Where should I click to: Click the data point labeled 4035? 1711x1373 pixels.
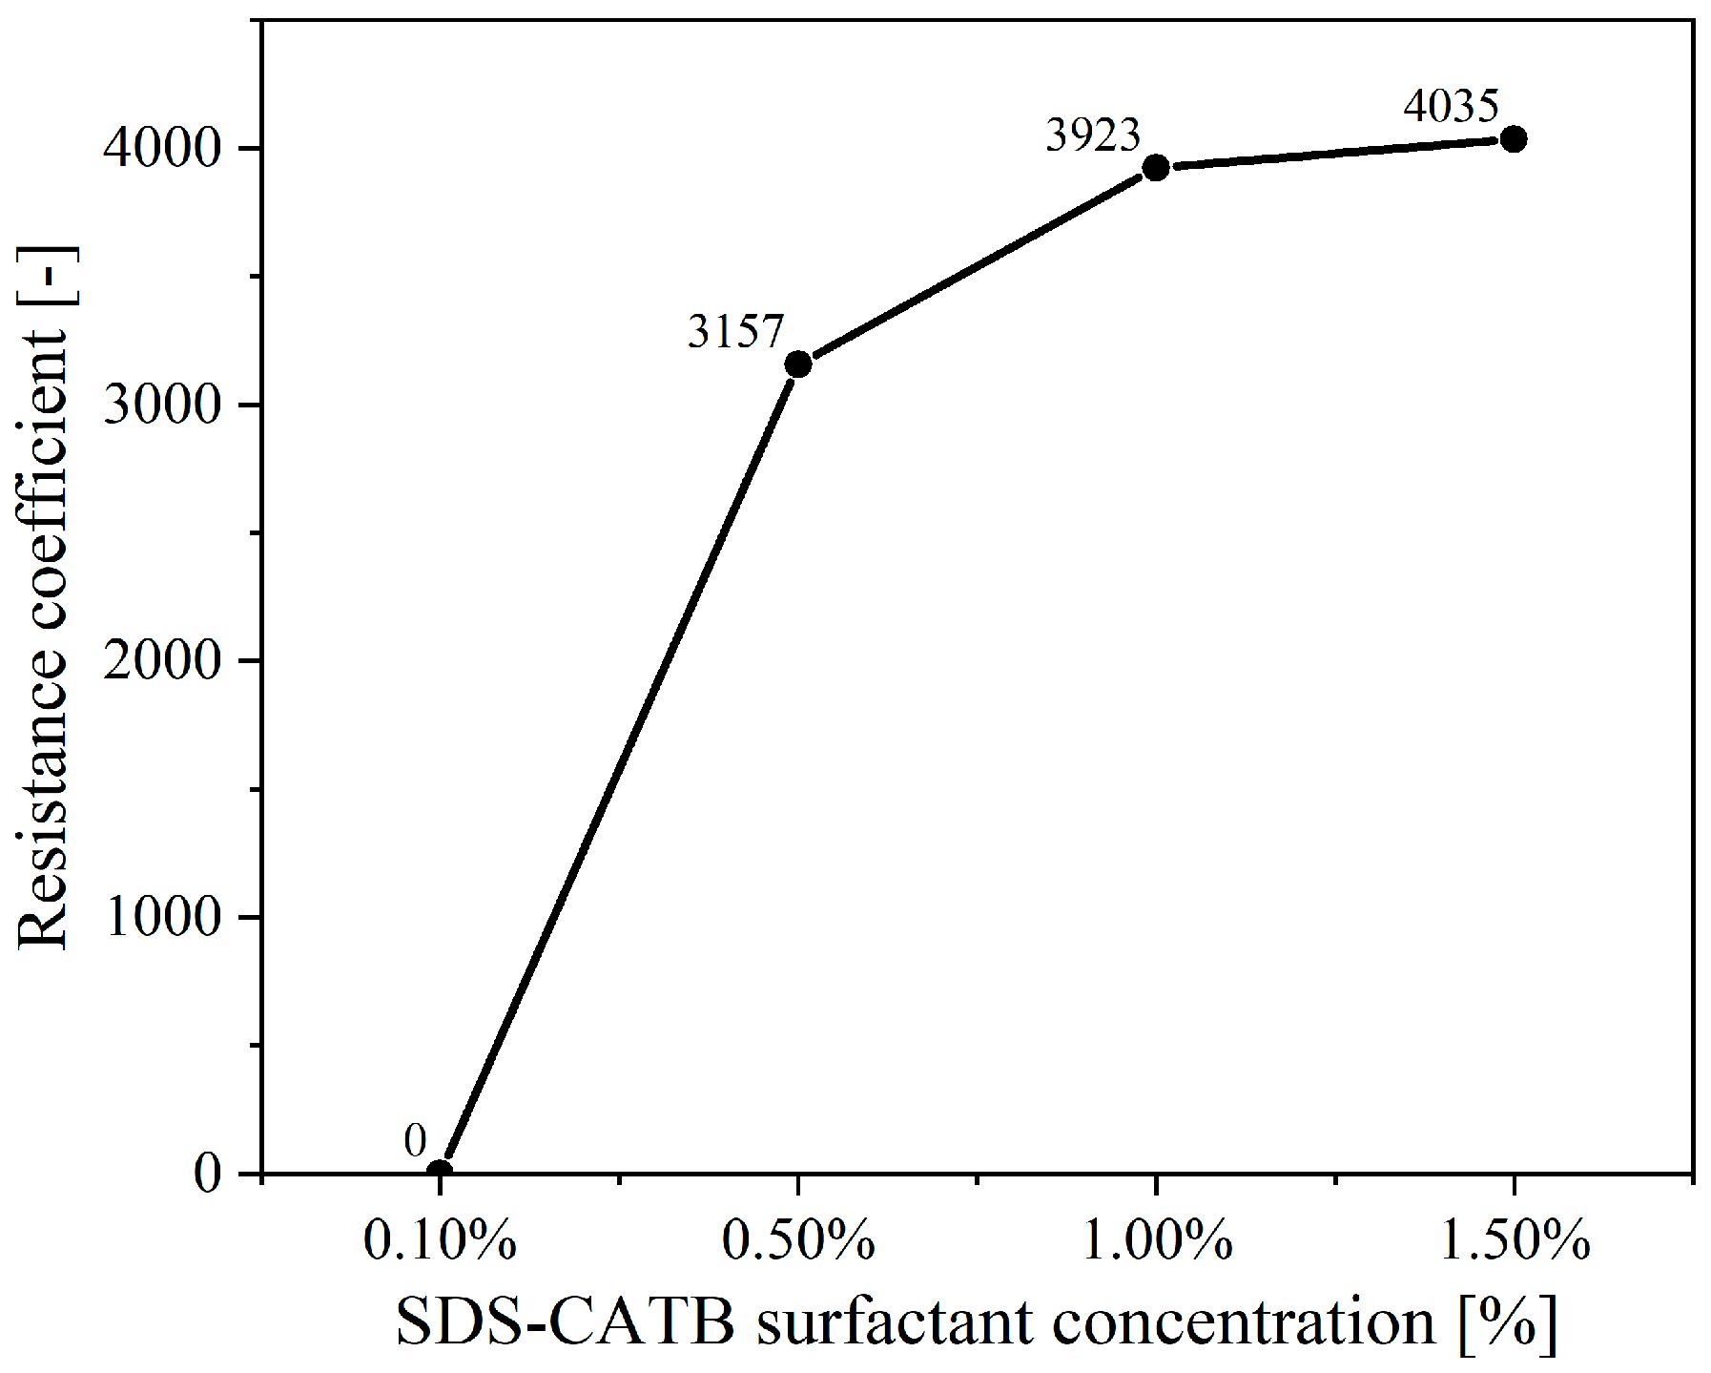coord(1513,139)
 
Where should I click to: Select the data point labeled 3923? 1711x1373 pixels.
coord(1155,168)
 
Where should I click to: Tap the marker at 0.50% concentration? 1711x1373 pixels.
coord(797,364)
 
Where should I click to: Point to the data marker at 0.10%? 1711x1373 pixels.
coord(439,1172)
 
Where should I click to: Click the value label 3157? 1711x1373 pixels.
coord(735,332)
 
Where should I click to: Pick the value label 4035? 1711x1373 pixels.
coord(1451,106)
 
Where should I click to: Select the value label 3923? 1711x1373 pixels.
coord(1093,135)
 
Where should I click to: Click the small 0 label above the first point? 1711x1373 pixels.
coord(415,1140)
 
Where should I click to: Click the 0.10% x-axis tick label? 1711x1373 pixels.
coord(440,1241)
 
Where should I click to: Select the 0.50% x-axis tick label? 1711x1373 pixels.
coord(798,1241)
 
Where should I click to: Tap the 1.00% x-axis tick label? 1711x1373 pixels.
coord(1156,1241)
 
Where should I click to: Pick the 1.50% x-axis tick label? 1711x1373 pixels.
coord(1514,1241)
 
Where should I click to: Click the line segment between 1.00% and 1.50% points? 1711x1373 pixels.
coord(1335,154)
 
